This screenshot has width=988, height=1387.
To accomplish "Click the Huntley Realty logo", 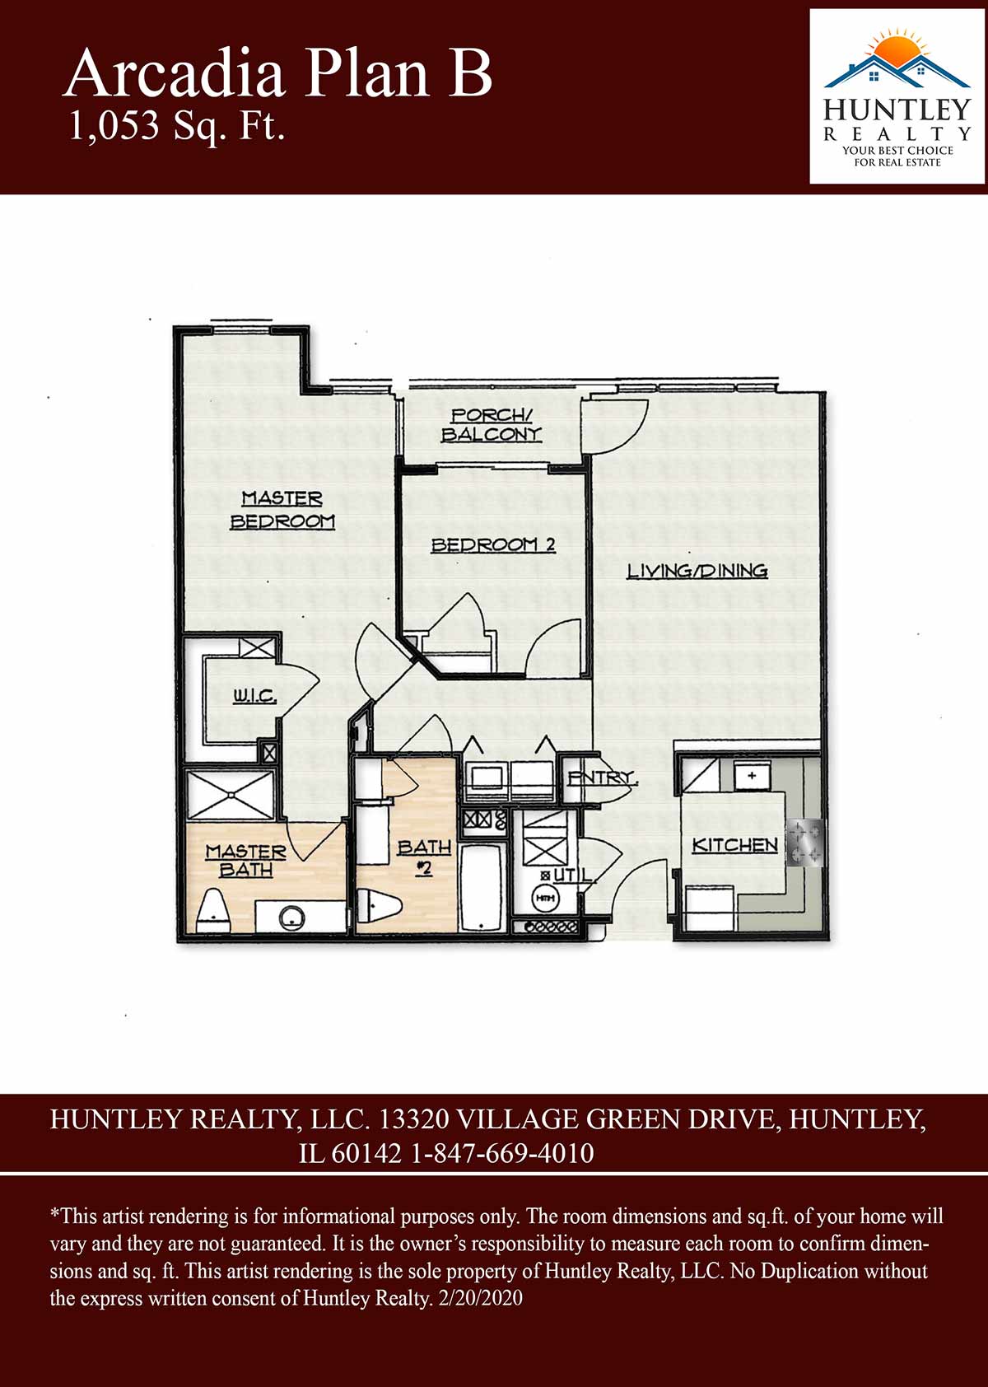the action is [x=897, y=96].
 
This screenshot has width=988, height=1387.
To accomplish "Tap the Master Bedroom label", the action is [x=282, y=510].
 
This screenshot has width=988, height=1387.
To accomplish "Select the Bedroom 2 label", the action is [x=493, y=545].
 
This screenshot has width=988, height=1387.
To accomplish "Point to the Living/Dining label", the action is [x=697, y=570].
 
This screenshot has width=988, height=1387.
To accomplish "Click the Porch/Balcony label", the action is [x=492, y=425].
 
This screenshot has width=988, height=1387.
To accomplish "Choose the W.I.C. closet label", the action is [x=254, y=697].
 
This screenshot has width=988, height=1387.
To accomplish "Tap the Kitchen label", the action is [x=734, y=845].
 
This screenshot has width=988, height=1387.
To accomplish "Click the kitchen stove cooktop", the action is [x=805, y=843].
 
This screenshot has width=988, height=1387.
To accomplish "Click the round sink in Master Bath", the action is [x=291, y=918].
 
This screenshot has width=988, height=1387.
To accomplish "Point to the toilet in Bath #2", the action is [x=380, y=906].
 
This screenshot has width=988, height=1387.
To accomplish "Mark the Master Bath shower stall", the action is [x=231, y=795].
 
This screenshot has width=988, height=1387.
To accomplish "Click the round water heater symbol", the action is [x=544, y=898].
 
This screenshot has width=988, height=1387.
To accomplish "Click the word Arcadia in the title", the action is [x=174, y=73].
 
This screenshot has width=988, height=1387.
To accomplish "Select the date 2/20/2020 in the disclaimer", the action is [x=480, y=1297].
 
